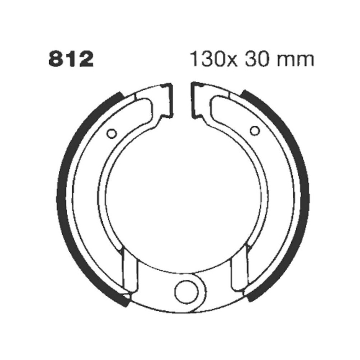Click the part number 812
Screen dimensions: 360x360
[x=71, y=59]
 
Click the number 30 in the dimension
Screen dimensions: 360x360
[x=257, y=59]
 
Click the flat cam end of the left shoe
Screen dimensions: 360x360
[x=168, y=101]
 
